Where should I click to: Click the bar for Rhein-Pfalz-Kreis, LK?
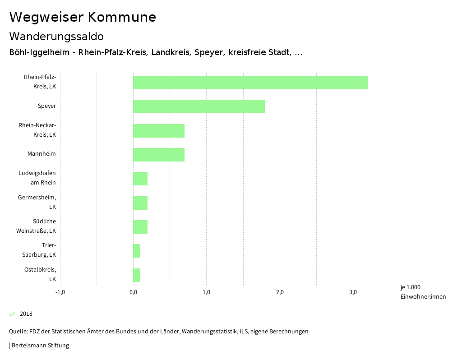(250, 83)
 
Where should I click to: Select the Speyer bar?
(199, 106)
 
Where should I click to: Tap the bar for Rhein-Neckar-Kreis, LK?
(159, 130)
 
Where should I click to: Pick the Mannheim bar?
(159, 154)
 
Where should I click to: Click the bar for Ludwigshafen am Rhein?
(140, 179)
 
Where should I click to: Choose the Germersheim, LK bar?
(140, 203)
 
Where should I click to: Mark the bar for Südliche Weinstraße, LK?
(140, 227)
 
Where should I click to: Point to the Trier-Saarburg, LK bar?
(137, 251)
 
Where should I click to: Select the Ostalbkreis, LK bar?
(137, 275)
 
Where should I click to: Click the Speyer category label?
(47, 106)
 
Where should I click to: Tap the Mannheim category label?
(42, 154)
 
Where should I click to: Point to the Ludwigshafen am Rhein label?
(37, 178)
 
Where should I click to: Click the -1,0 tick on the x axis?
(60, 292)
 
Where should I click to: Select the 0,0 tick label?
(133, 292)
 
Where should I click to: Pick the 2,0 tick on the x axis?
(280, 292)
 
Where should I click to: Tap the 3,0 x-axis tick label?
(353, 292)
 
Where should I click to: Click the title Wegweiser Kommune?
(83, 17)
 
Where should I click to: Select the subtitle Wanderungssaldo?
(56, 36)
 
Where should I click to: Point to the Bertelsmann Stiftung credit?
(40, 346)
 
